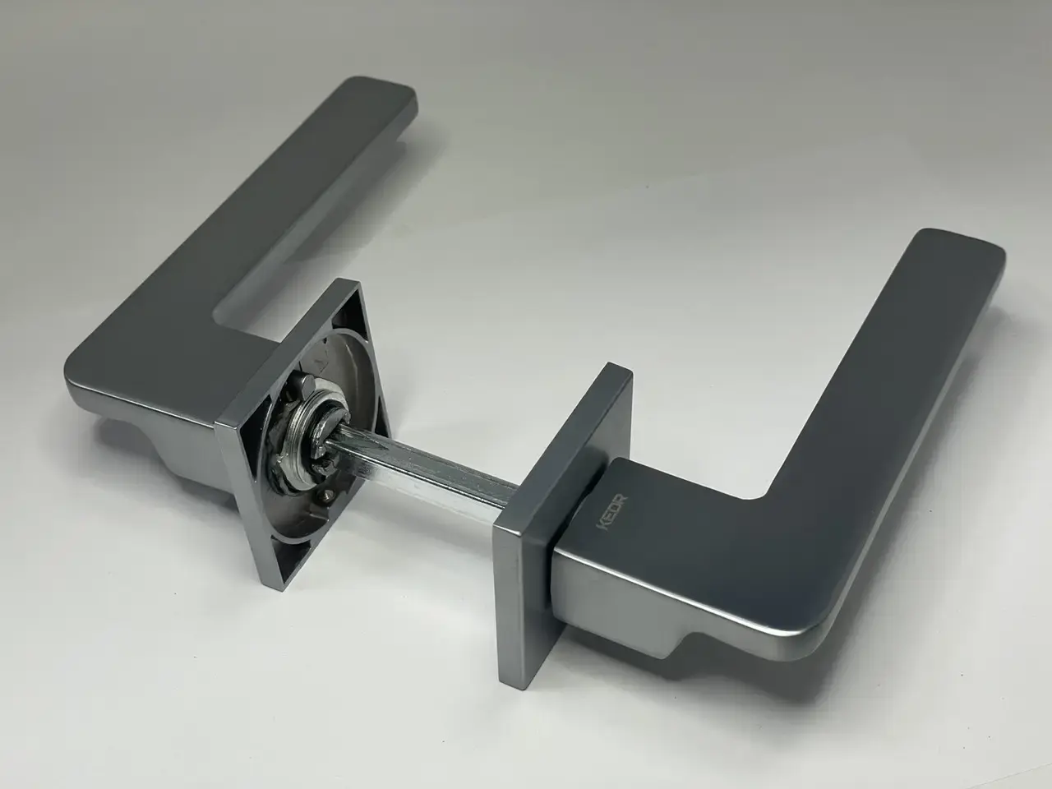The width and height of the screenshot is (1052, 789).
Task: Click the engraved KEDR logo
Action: click(x=611, y=513)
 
